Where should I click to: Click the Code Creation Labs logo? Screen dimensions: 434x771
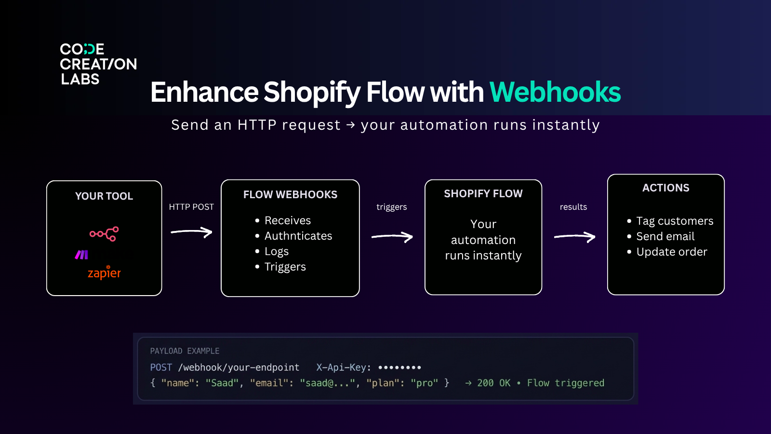click(98, 64)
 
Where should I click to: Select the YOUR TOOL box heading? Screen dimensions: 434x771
click(104, 196)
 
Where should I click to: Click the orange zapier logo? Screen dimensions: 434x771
click(104, 273)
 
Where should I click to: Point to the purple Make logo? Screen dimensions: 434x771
click(81, 255)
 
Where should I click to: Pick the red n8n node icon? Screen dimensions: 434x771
click(104, 234)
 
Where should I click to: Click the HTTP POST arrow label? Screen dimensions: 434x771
click(191, 207)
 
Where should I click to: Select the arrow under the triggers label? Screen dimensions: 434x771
click(392, 236)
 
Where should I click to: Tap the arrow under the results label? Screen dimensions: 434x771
click(574, 236)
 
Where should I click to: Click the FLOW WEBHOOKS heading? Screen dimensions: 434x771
click(290, 195)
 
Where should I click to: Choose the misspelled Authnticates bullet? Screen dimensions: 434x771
click(298, 236)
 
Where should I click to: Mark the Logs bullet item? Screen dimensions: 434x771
click(276, 251)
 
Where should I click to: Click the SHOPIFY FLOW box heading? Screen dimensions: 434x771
click(483, 194)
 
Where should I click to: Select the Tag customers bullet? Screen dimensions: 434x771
click(674, 221)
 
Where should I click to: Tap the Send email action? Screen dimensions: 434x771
click(665, 236)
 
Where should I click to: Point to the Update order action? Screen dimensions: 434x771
click(671, 252)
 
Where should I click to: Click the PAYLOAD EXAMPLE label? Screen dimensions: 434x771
click(185, 351)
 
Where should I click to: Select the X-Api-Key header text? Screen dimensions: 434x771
click(344, 367)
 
